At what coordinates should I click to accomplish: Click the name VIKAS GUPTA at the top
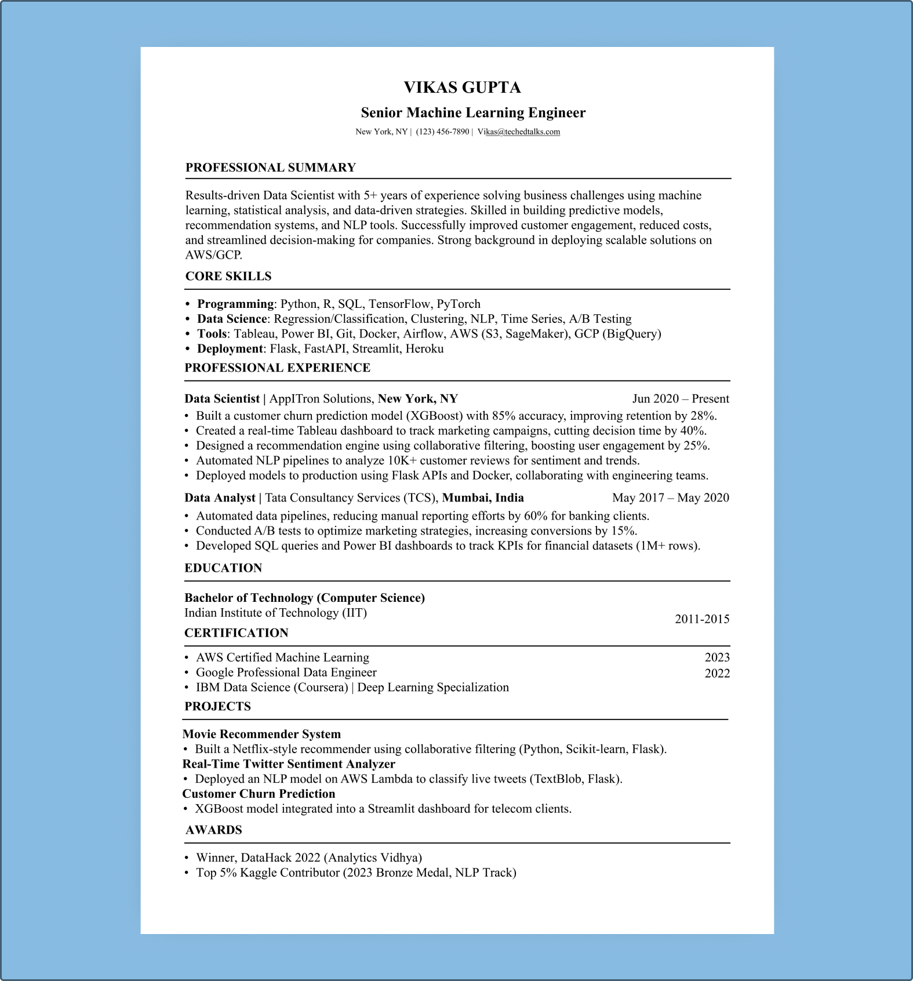coord(462,88)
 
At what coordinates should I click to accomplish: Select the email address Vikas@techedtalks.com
coord(519,132)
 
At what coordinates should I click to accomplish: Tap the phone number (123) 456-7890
coord(442,132)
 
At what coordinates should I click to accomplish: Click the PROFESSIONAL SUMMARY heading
coord(270,168)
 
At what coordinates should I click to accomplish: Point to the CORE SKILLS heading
coord(228,276)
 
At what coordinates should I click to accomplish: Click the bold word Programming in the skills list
coord(235,304)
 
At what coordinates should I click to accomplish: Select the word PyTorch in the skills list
coord(459,304)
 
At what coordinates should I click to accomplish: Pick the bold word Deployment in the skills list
coord(230,348)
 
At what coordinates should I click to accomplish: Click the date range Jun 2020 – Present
coord(681,398)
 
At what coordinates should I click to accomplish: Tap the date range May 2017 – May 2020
coord(671,497)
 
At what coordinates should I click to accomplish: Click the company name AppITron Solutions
coord(321,398)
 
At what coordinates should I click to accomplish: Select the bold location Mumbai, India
coord(483,497)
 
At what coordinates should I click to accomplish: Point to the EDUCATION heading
coord(223,568)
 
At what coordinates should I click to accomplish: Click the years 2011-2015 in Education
coord(702,619)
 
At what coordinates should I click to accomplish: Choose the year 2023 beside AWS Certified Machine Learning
coord(717,657)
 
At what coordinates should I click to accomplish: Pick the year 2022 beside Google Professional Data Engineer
coord(717,673)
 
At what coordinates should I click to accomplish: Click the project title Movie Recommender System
coord(261,734)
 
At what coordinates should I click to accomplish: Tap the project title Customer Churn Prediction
coord(259,794)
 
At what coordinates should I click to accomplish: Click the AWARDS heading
coord(214,830)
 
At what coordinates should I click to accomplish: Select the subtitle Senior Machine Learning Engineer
coord(473,112)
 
